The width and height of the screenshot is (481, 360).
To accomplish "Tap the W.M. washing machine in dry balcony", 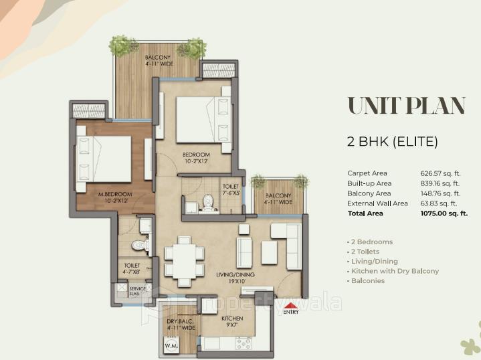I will pyautogui.click(x=171, y=346).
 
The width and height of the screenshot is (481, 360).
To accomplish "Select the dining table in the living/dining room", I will pyautogui.click(x=183, y=258).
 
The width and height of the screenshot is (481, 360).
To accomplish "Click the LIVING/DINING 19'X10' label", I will pyautogui.click(x=231, y=277).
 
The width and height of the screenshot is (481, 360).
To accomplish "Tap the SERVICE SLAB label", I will pyautogui.click(x=137, y=291).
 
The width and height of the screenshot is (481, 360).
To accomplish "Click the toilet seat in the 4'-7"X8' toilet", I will pyautogui.click(x=140, y=245).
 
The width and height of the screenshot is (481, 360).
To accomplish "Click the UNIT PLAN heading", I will pyautogui.click(x=405, y=106).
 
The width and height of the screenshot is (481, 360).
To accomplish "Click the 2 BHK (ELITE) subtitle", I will pyautogui.click(x=392, y=141).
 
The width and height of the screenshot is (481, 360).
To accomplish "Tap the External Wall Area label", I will pyautogui.click(x=377, y=203).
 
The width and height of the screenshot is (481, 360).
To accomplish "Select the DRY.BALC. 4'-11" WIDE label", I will pyautogui.click(x=181, y=325).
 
